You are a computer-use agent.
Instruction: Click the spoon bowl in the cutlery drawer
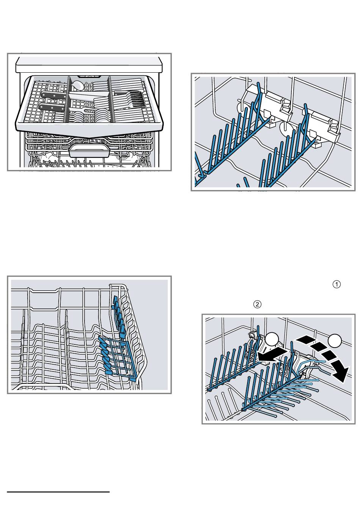[x=78, y=85]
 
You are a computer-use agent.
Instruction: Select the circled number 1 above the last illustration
[x=337, y=284]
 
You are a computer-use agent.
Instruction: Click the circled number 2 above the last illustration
[x=257, y=304]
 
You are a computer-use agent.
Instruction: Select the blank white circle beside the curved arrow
[x=335, y=340]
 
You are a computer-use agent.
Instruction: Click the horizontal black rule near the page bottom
[x=58, y=492]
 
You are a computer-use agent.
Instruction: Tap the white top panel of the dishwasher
[x=89, y=64]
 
